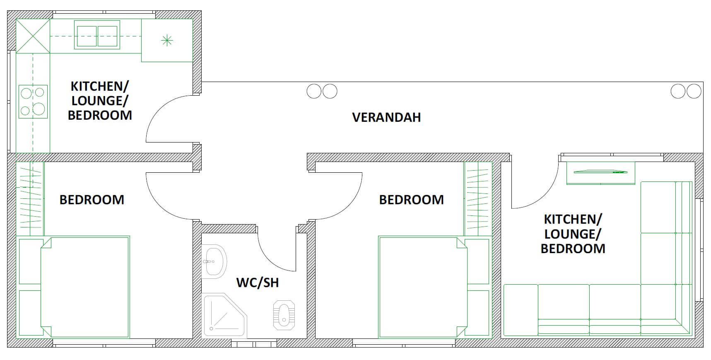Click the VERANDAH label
[386, 117]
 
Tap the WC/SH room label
[257, 283]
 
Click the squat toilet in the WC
[284, 315]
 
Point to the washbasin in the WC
[215, 261]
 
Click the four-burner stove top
[33, 102]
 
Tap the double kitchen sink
[97, 35]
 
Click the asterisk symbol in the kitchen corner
[166, 40]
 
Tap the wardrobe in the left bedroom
[30, 199]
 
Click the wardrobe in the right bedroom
[478, 199]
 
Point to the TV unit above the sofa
[600, 172]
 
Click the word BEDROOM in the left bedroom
[92, 200]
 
